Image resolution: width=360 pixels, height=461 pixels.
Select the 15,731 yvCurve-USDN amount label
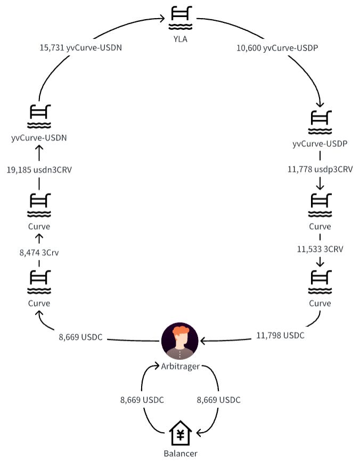click(80, 47)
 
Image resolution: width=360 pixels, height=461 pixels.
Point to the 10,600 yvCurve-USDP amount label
click(277, 47)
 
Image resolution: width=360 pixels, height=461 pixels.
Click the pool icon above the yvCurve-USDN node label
click(39, 117)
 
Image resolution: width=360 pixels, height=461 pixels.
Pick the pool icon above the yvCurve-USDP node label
click(320, 122)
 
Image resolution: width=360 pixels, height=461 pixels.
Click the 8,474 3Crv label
click(39, 252)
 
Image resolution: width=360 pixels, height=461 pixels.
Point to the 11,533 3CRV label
click(320, 248)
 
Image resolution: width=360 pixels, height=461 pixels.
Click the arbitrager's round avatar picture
click(179, 341)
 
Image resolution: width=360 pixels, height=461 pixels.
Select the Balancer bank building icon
click(179, 434)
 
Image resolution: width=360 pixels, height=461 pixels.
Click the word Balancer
click(179, 454)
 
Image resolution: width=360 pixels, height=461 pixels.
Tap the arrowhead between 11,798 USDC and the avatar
click(203, 341)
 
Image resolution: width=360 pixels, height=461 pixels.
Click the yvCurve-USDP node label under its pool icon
click(320, 144)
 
